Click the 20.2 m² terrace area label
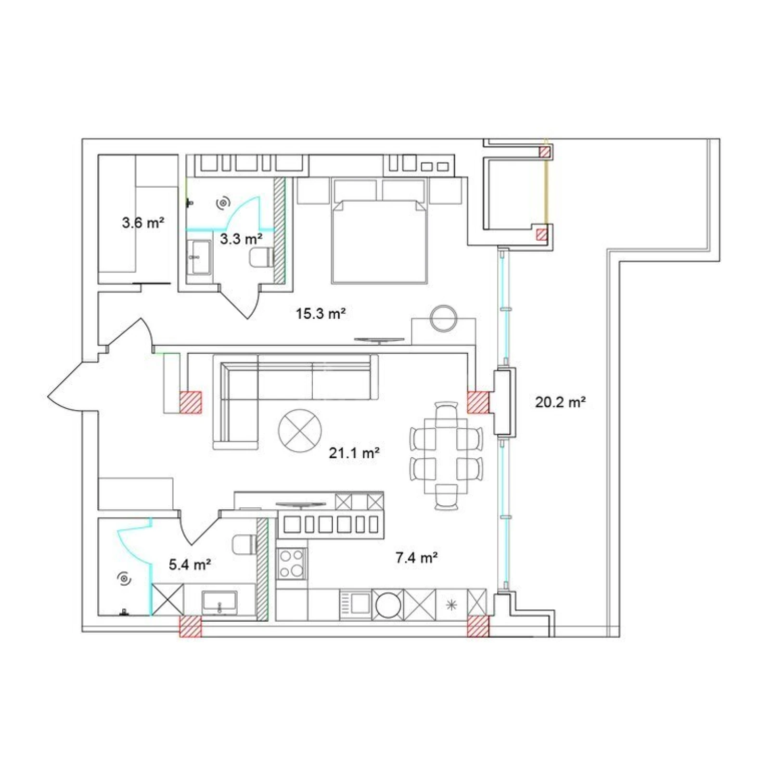[x=560, y=402]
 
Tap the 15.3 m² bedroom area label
[x=321, y=314]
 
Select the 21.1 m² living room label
[x=354, y=453]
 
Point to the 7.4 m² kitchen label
[x=416, y=558]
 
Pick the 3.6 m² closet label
[x=143, y=223]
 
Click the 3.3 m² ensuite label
[x=241, y=239]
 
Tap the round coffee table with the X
[x=300, y=431]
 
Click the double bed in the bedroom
[x=379, y=241]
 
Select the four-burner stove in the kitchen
[x=292, y=564]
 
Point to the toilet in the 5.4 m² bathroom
[x=244, y=545]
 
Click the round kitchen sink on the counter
[x=388, y=604]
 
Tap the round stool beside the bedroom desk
[x=444, y=318]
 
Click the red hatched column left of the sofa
[x=191, y=402]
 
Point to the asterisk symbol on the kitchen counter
[x=451, y=605]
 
